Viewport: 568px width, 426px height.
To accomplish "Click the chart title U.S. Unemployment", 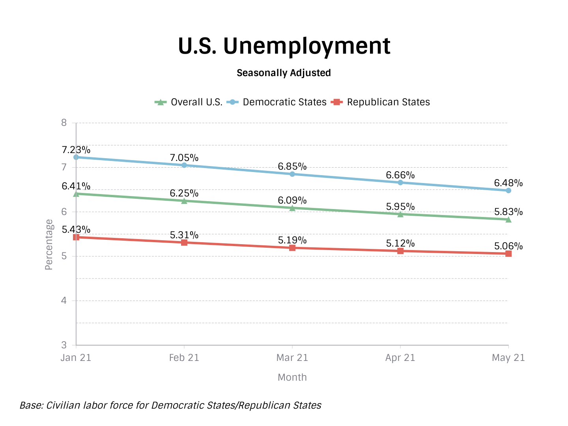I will point(284,46).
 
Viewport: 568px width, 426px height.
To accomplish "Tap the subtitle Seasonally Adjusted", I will point(284,73).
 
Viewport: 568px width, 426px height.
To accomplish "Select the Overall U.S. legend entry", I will point(189,102).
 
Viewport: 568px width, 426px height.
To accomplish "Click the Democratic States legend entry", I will point(277,102).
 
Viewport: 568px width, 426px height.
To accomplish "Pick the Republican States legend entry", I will point(381,102).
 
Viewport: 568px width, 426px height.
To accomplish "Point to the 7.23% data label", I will point(76,150).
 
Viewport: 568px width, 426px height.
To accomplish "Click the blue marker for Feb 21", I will point(184,165).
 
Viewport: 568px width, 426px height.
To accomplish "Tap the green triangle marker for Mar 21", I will point(292,208).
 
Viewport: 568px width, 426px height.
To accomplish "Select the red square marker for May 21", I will point(508,254).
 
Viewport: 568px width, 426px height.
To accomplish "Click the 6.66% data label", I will point(400,175).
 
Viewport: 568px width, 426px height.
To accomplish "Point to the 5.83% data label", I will point(508,212).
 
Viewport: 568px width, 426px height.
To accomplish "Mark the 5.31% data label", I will point(184,235).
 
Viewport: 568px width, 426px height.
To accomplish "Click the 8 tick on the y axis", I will point(64,123).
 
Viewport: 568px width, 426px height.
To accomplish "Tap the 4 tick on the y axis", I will point(64,301).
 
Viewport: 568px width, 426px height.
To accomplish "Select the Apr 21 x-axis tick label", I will point(400,358).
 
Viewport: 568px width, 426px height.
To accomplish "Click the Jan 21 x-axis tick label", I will point(76,358).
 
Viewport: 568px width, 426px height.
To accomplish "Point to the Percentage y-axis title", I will point(49,245).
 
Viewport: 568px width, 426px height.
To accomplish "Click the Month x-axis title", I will point(292,377).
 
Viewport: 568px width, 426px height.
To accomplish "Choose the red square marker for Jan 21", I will point(76,237).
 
